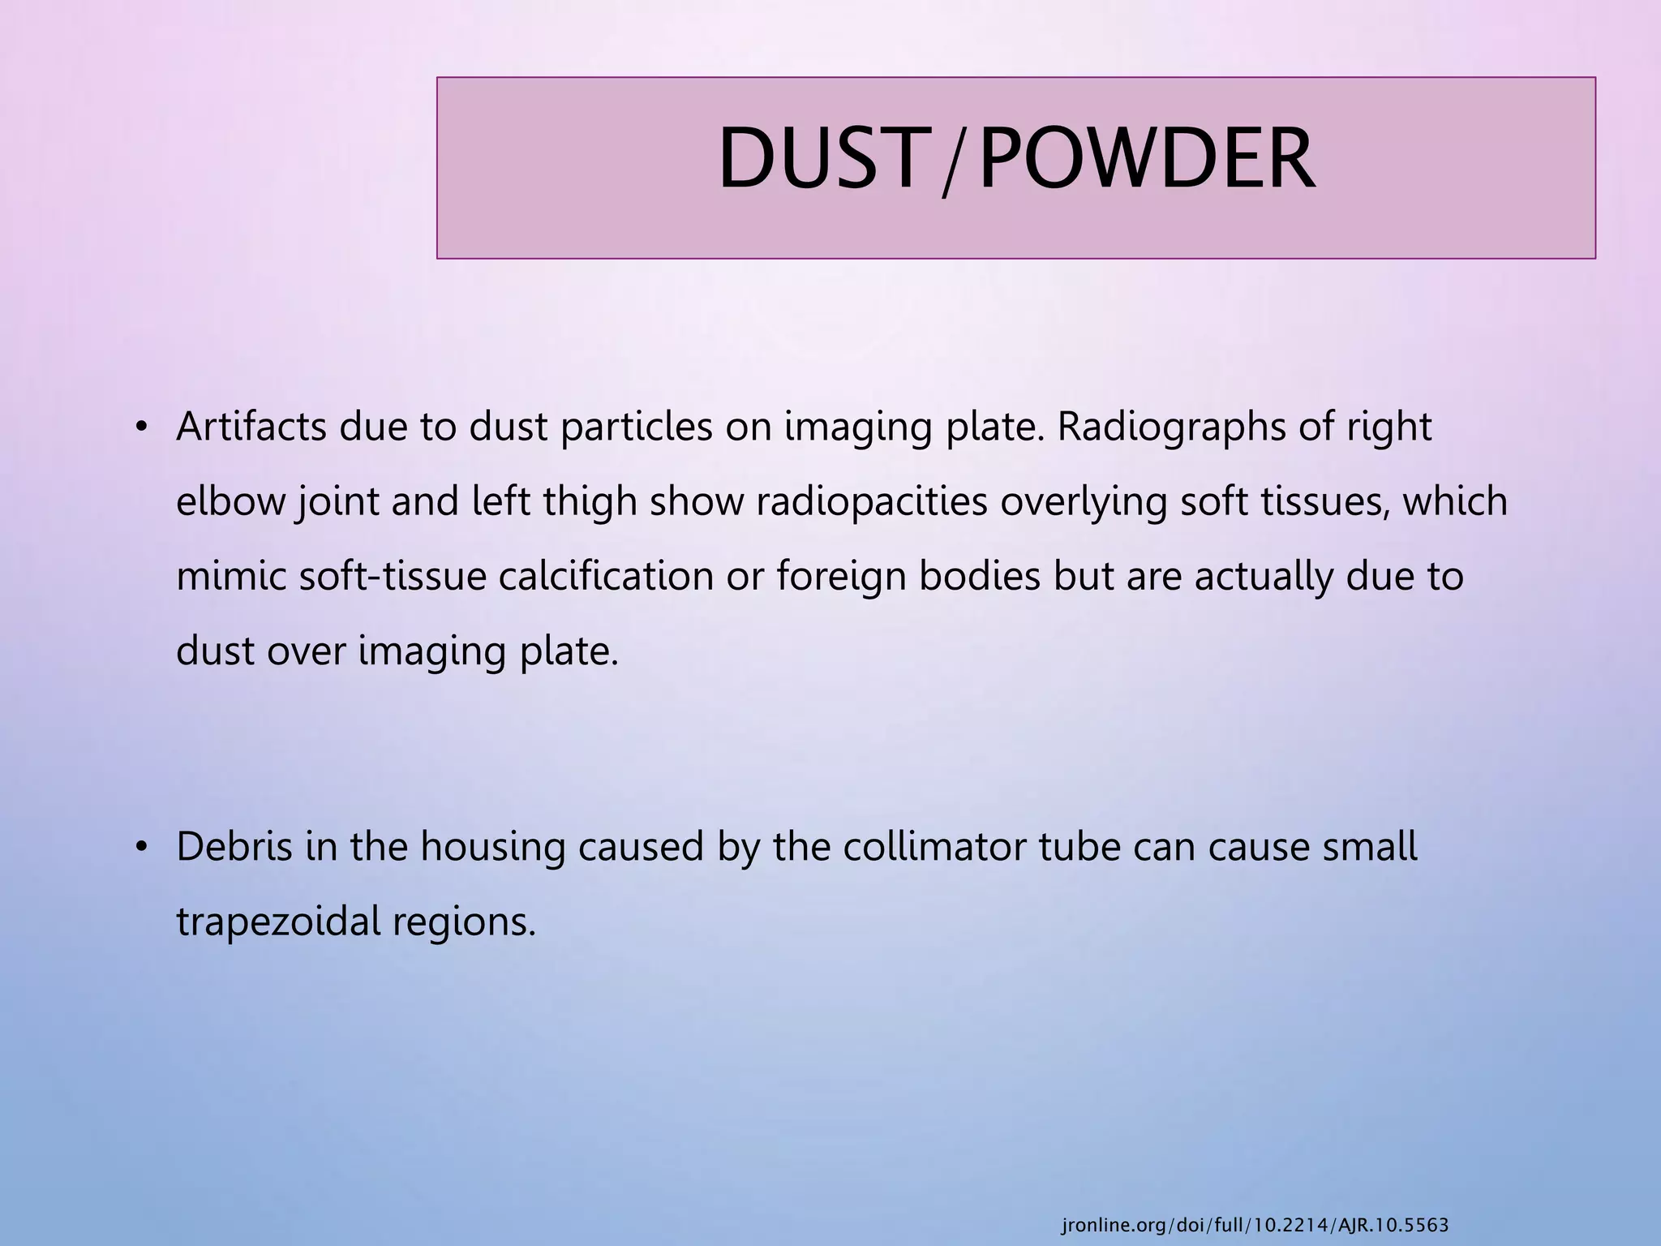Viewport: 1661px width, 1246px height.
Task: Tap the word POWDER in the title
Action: point(1146,159)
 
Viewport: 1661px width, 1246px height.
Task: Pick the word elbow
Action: point(231,501)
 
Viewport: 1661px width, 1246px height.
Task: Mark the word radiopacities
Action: point(872,501)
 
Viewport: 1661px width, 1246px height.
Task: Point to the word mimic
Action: point(231,577)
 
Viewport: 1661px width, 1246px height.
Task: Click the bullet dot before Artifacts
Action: point(141,428)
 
